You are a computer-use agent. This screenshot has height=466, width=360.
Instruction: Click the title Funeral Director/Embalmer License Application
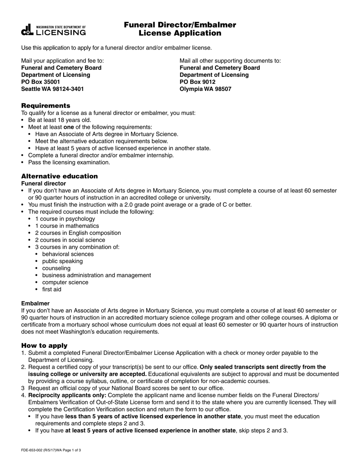pos(180,29)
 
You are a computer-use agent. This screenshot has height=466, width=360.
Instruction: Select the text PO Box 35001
pos(41,82)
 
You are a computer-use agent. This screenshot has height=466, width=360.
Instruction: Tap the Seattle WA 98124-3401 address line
pos(53,89)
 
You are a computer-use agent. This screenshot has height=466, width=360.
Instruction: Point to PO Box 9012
pos(197,82)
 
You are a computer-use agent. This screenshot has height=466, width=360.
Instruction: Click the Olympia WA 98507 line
pos(205,89)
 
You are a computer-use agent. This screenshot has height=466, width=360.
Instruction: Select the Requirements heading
pos(45,105)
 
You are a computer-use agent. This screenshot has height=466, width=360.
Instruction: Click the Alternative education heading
pos(59,176)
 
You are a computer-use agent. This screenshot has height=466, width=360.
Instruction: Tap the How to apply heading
pos(44,346)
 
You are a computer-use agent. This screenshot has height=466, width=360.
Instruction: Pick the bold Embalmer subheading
pos(35,303)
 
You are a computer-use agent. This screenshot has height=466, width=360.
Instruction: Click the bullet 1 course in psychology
pos(65,219)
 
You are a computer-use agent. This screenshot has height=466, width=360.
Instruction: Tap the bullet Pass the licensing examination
pos(69,162)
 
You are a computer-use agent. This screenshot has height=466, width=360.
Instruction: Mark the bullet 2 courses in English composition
pos(78,233)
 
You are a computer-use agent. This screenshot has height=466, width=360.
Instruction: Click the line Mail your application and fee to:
pos(63,61)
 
